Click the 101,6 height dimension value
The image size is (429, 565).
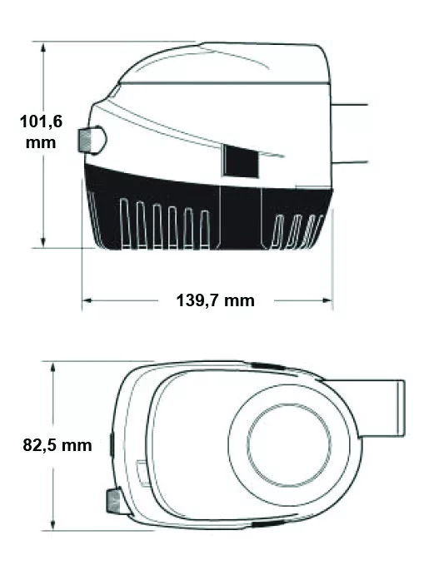click(41, 121)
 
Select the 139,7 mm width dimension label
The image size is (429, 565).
click(216, 300)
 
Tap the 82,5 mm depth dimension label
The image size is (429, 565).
click(57, 445)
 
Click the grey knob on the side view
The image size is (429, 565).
click(92, 140)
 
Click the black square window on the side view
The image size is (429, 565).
click(241, 161)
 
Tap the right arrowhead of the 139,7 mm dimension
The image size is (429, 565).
click(327, 300)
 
